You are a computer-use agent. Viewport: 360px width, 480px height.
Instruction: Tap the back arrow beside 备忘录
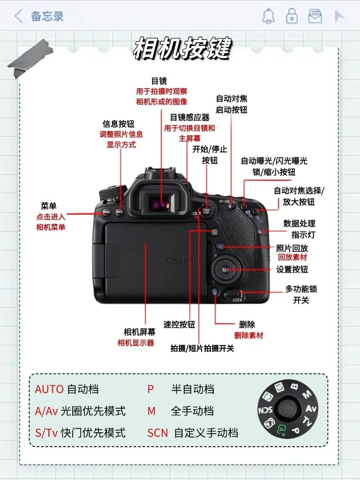click(19, 16)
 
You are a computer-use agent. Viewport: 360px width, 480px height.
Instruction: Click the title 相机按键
click(183, 48)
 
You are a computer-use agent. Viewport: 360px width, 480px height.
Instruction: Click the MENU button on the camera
click(106, 211)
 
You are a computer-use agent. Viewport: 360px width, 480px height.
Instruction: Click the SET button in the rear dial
click(225, 270)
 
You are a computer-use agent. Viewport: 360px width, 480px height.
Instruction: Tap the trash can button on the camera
click(215, 292)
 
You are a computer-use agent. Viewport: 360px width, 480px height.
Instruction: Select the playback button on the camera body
click(221, 246)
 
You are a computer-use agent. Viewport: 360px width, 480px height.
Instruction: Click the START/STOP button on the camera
click(206, 211)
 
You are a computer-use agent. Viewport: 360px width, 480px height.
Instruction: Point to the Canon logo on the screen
click(180, 261)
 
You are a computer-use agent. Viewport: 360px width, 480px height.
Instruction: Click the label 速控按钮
click(179, 324)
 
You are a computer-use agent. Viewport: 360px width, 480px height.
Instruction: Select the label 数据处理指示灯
click(299, 229)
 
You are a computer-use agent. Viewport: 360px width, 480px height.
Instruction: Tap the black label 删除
click(247, 324)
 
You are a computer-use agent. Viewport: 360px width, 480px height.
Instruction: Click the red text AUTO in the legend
click(49, 390)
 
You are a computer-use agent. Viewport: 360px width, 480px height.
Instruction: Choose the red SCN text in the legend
click(157, 433)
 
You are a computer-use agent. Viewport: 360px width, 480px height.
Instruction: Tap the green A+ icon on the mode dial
click(282, 429)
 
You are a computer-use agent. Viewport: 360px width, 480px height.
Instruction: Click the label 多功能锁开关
click(301, 294)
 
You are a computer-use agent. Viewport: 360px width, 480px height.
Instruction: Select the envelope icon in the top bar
click(315, 16)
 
